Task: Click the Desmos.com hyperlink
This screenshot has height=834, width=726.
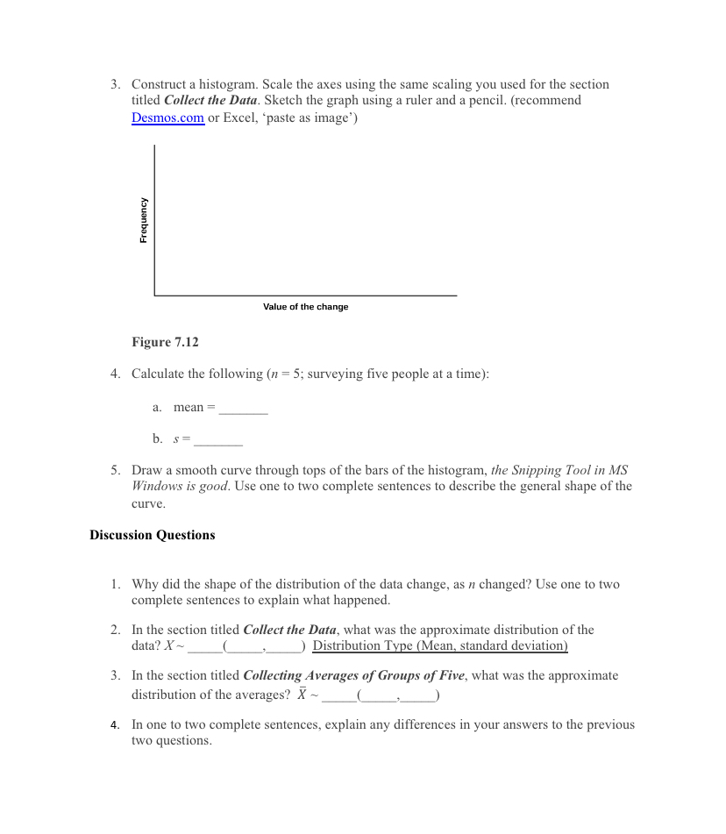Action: pos(167,118)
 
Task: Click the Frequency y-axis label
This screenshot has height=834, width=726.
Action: pos(143,220)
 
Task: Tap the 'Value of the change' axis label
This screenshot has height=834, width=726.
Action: pos(305,307)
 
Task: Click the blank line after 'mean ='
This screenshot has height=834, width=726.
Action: pos(243,409)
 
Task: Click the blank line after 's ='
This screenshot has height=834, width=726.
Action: pos(218,440)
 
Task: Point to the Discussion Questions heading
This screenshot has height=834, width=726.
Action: pos(152,535)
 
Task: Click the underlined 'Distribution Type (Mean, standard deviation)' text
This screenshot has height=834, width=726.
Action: pos(440,646)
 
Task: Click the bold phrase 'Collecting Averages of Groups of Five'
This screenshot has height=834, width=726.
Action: pos(354,676)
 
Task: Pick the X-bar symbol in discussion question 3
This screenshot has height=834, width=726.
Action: pos(302,695)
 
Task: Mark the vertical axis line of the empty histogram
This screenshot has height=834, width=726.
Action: pos(154,219)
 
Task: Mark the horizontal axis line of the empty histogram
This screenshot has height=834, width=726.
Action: pos(305,296)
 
